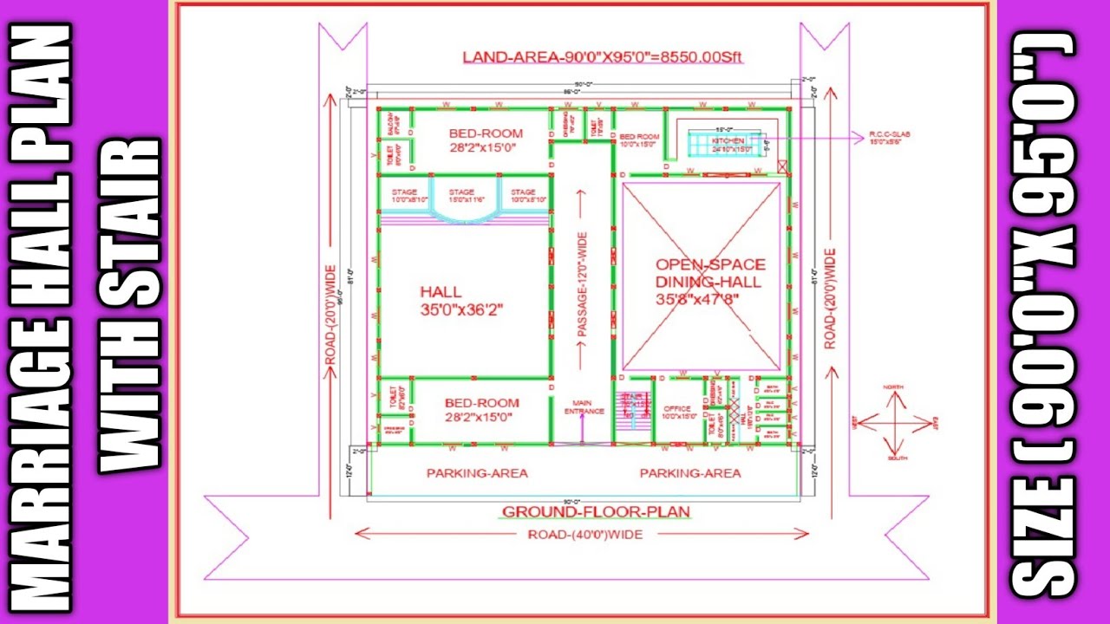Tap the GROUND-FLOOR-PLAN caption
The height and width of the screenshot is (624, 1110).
[596, 512]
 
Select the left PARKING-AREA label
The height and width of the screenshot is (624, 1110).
[477, 473]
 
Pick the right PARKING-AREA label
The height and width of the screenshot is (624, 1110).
[690, 473]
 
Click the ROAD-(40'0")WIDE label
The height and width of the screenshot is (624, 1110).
[585, 535]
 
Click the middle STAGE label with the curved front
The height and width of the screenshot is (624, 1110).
[461, 195]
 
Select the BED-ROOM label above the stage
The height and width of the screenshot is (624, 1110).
[486, 140]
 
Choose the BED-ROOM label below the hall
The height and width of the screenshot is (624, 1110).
[482, 409]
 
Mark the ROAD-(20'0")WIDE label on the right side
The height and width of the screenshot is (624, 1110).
[830, 299]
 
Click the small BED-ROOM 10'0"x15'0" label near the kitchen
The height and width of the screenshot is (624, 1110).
[639, 140]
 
